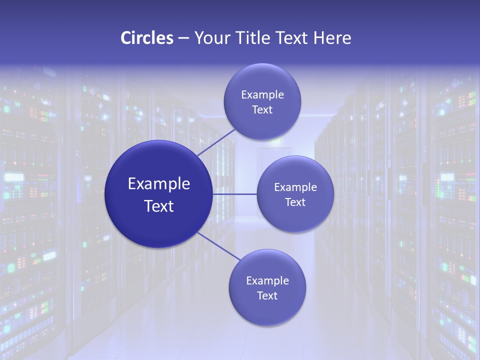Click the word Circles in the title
(146, 38)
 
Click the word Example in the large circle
(159, 184)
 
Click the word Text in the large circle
(159, 206)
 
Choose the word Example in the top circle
(262, 95)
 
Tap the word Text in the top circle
(262, 109)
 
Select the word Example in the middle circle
(295, 187)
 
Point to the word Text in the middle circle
(295, 202)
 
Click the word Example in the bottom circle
(267, 281)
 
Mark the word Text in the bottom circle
(267, 295)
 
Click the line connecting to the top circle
(216, 141)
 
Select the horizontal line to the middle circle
(234, 194)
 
